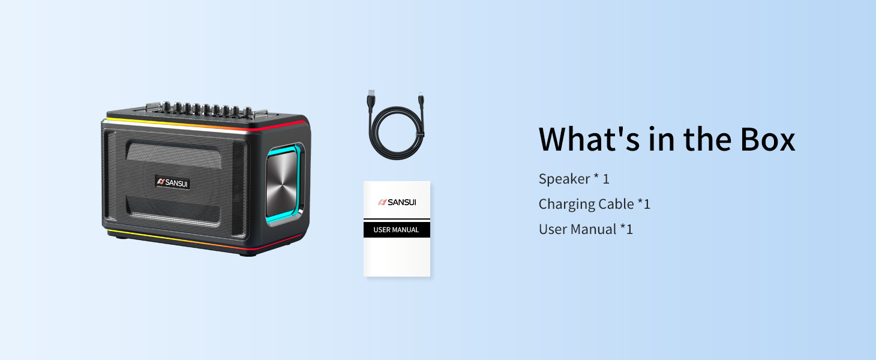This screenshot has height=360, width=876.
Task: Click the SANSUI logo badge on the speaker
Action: coord(172,182)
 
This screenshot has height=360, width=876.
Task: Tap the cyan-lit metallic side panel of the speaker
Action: coord(284,184)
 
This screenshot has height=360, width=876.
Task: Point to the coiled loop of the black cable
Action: coord(398,133)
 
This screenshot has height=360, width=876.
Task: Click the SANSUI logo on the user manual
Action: coord(397,202)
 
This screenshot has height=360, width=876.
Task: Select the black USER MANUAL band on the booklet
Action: coord(397,229)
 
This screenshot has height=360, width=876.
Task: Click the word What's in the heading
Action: coord(589,139)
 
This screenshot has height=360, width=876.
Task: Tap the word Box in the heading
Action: coord(767,139)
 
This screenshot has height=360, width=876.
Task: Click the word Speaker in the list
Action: coord(564,179)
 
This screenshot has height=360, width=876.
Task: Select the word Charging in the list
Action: coord(566,205)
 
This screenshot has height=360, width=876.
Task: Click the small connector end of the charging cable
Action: coord(421,98)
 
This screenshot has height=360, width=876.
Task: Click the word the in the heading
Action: coord(707,139)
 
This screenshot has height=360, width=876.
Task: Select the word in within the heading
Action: coord(661,139)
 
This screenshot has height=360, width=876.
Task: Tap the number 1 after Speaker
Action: coord(606,179)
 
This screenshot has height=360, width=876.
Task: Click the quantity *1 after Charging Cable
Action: coord(644,203)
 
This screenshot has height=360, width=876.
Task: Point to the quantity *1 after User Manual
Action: coord(626,229)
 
